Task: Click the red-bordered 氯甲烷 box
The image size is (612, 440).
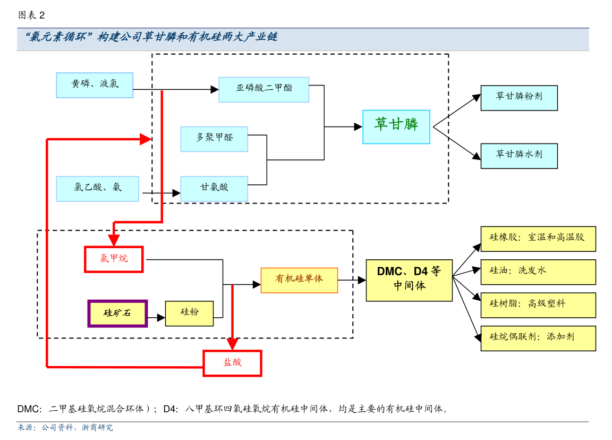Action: [x=114, y=259]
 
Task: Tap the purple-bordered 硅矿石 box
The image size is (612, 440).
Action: [x=117, y=314]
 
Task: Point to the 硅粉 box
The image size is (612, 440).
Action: [x=189, y=314]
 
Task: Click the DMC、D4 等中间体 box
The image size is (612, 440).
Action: [x=409, y=280]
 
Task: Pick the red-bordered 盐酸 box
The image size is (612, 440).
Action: [x=232, y=363]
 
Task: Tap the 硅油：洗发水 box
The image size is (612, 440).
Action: [x=538, y=272]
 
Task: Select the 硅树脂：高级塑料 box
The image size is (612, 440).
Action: [x=538, y=305]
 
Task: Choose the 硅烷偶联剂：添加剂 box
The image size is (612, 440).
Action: [x=538, y=338]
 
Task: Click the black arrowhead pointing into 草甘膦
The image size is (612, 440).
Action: [x=358, y=126]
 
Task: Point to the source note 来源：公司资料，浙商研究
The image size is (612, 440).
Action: [x=65, y=428]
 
